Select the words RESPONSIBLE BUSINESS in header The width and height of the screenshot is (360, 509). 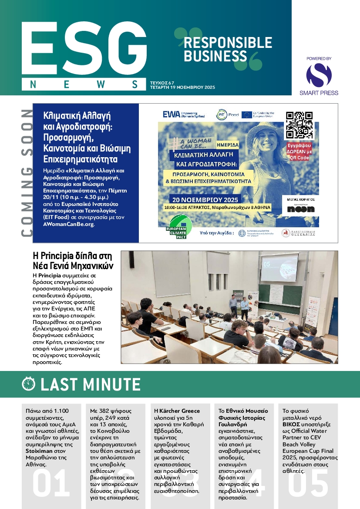pos(228,49)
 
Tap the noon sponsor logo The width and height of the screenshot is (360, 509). pos(300,209)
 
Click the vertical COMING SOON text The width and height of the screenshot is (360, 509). pos(27,173)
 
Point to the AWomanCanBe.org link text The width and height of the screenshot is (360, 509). pos(68,225)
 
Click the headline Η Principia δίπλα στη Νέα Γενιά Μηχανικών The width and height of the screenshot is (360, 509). pos(73,260)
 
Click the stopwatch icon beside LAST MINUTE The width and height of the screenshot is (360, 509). pos(29,384)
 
